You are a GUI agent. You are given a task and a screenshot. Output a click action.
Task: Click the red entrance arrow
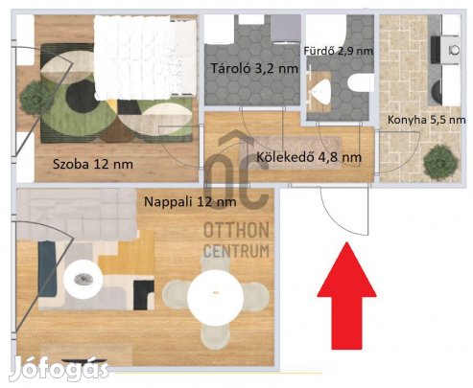click(346, 295)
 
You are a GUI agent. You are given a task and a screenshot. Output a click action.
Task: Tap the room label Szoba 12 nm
click(93, 164)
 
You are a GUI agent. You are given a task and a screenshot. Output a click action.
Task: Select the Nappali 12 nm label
click(190, 202)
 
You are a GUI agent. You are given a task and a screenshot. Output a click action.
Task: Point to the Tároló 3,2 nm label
click(254, 68)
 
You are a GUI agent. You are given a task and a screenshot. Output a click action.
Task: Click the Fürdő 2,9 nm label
click(339, 51)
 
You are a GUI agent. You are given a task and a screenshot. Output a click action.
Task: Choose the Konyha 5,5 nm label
click(426, 120)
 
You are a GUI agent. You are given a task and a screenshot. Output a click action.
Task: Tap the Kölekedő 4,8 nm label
click(309, 157)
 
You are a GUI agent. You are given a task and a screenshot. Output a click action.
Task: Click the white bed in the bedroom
click(145, 57)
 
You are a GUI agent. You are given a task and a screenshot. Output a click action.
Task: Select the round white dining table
click(216, 297)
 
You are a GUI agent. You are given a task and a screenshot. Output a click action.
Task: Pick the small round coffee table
click(83, 280)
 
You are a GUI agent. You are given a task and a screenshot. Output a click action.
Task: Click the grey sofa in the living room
click(77, 215)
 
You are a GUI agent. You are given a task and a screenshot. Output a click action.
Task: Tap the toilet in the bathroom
click(361, 82)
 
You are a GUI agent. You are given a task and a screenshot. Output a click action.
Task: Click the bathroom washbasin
click(319, 91)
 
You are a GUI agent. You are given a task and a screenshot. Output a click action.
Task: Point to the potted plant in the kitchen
click(440, 162)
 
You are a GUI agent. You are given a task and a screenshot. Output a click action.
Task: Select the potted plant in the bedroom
click(35, 98)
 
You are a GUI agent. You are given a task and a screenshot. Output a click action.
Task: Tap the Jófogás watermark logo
click(59, 369)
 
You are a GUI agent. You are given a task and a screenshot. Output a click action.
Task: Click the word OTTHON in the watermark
click(236, 230)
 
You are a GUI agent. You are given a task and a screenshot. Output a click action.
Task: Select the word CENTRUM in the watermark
click(236, 251)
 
